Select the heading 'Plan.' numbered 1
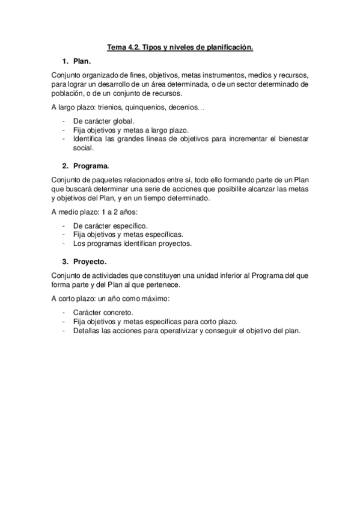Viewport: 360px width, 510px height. pyautogui.click(x=82, y=61)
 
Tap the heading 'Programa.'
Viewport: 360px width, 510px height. pyautogui.click(x=91, y=165)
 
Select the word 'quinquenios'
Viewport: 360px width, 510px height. pyautogui.click(x=150, y=108)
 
